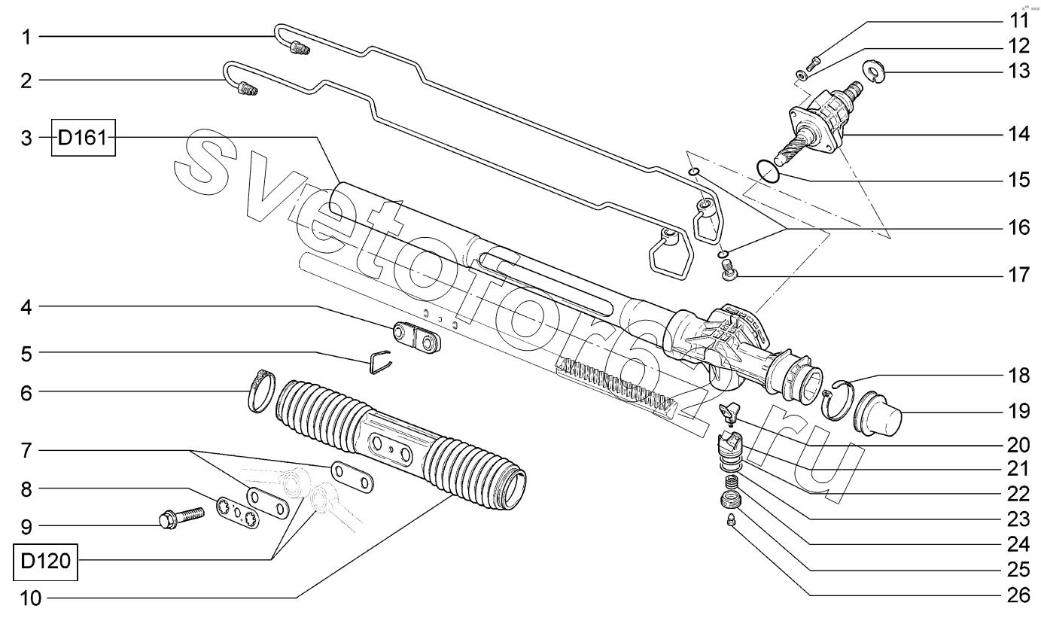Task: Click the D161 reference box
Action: (x=84, y=138)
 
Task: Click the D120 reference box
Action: (x=45, y=562)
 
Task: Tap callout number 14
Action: (x=1018, y=134)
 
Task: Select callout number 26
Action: (x=1018, y=595)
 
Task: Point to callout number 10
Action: (x=31, y=598)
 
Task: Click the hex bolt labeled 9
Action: (x=181, y=519)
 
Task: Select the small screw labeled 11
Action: (x=813, y=63)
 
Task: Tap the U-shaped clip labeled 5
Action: (x=380, y=361)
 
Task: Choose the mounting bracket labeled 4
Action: (x=416, y=337)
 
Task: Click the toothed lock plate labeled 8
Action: (x=237, y=512)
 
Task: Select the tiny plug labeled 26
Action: (x=732, y=520)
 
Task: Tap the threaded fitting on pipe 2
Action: (x=247, y=89)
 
